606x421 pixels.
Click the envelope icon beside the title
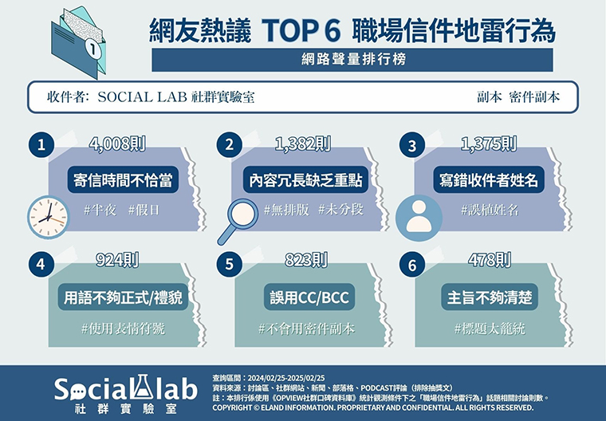click(78, 41)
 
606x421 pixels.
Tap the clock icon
click(49, 217)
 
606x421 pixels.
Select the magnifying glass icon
click(238, 221)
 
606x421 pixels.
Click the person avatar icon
click(419, 218)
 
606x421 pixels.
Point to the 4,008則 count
click(117, 144)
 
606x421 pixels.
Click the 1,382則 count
click(303, 144)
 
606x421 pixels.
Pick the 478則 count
click(490, 260)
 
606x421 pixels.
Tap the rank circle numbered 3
click(412, 145)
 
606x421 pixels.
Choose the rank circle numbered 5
click(229, 265)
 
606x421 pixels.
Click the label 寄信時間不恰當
click(123, 180)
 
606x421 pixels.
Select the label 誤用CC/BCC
click(309, 297)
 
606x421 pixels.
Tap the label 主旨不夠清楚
click(490, 297)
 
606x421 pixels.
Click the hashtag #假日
click(144, 210)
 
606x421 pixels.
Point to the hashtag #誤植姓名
click(490, 210)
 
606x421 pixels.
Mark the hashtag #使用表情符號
click(123, 329)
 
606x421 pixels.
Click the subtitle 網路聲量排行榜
click(353, 60)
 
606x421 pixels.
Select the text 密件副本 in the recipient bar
click(534, 97)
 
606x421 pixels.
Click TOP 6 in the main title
click(301, 30)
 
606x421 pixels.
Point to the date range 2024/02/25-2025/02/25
click(286, 378)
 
